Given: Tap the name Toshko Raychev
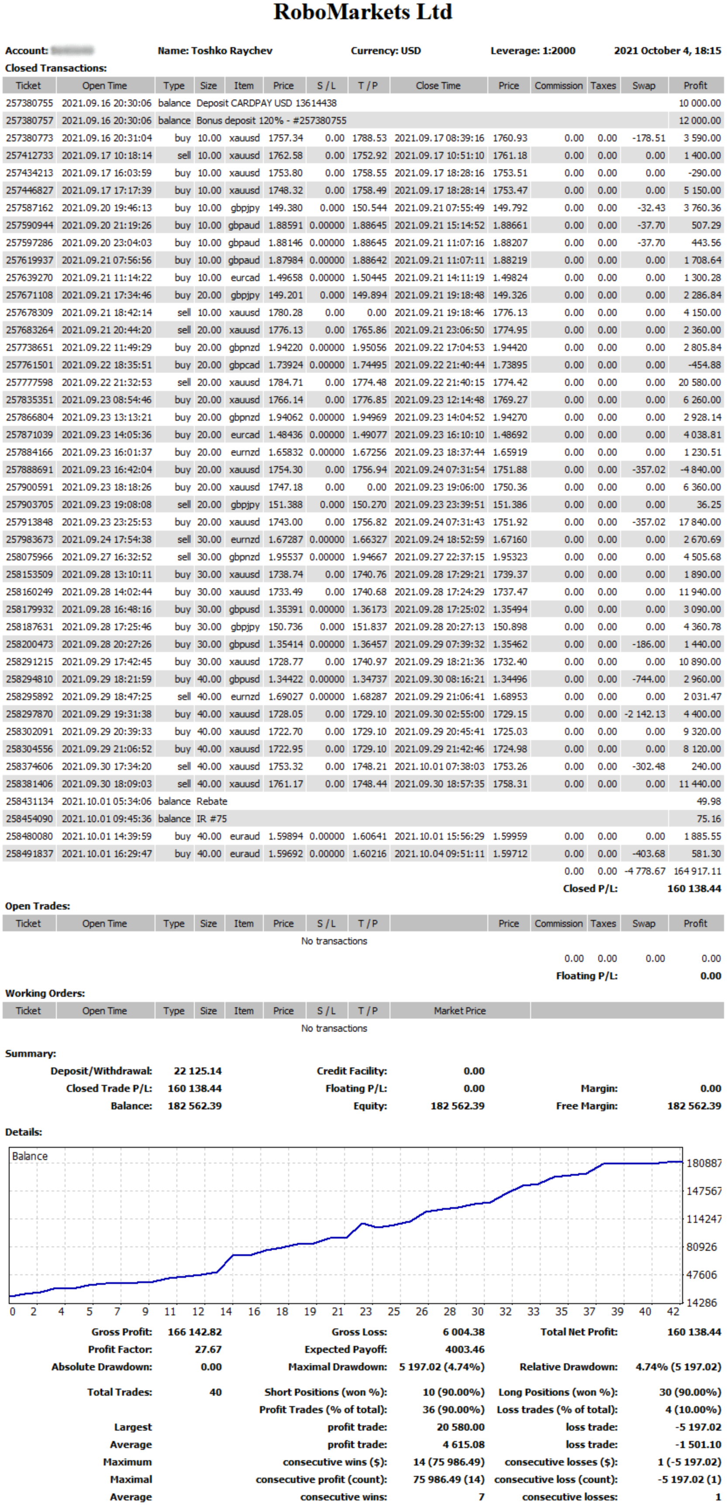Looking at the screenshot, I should [231, 51].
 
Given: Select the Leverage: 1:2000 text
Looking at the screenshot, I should [533, 51].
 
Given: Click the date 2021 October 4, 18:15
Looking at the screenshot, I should [667, 51].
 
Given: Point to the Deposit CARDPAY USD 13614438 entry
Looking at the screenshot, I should [266, 103].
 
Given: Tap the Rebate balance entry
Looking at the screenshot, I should [212, 801].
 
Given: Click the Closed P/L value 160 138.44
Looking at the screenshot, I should [694, 889].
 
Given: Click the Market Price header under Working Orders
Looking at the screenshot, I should [460, 1011].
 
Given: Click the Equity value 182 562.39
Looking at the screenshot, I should [458, 1106].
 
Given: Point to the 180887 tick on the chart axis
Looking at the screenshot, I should [704, 1163].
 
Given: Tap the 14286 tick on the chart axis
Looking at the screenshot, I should [702, 1303].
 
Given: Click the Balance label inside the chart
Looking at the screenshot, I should [30, 1156].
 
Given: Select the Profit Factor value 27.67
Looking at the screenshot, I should [208, 1349].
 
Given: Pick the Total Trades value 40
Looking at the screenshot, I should [215, 1392].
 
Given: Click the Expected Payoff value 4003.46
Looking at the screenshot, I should [465, 1349].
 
